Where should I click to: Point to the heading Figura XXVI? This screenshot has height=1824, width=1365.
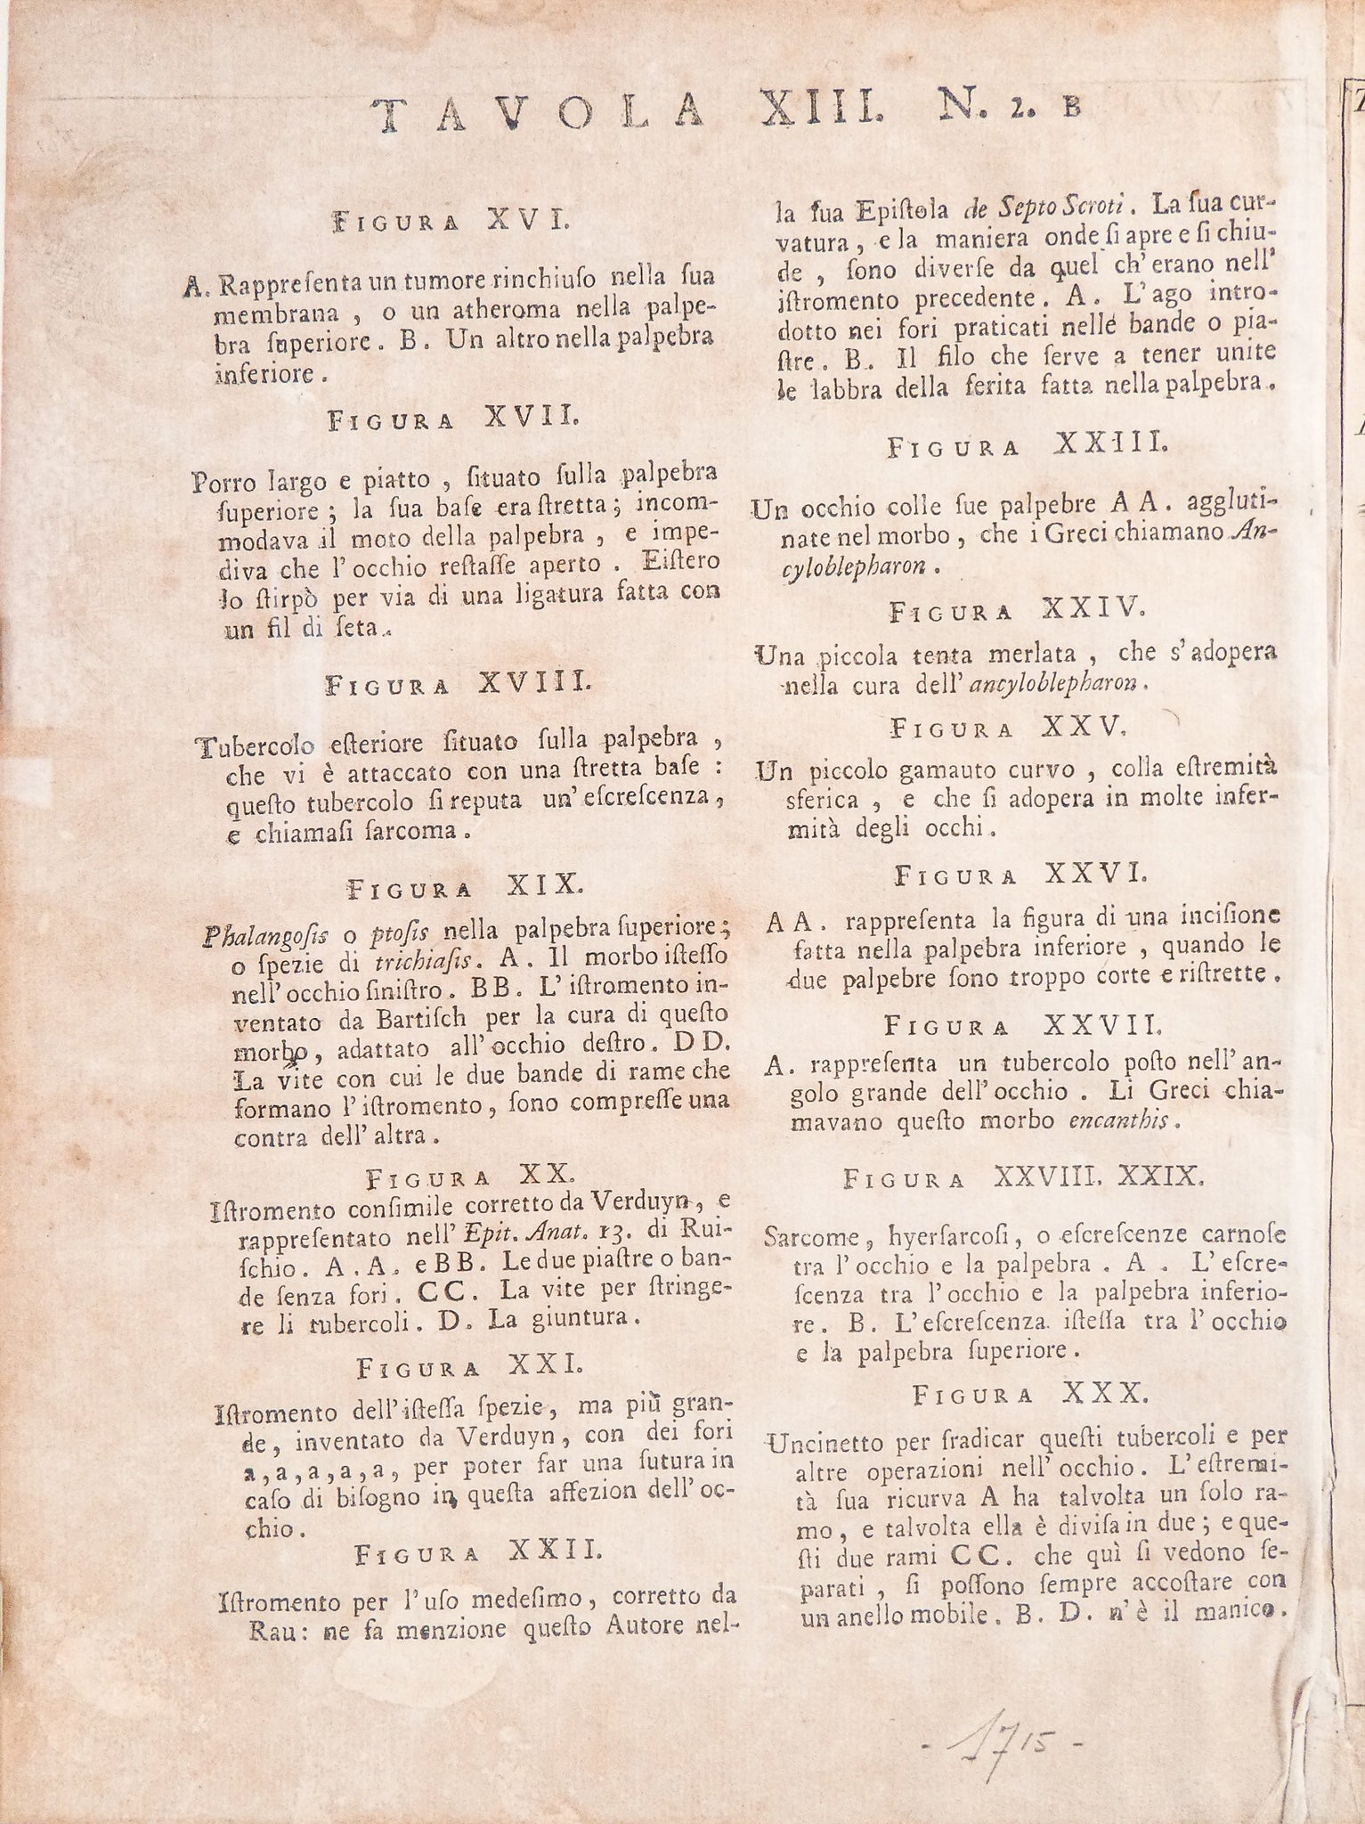point(1020,875)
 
